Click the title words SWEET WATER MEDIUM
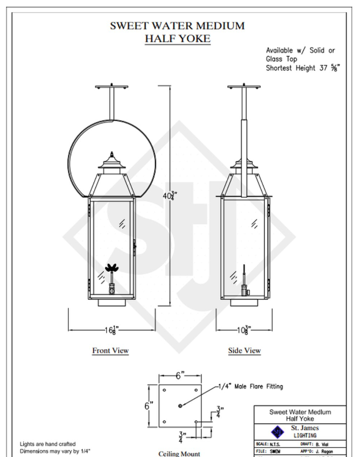[180, 25]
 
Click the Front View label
[110, 351]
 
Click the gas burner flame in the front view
[110, 269]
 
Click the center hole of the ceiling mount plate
[181, 406]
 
